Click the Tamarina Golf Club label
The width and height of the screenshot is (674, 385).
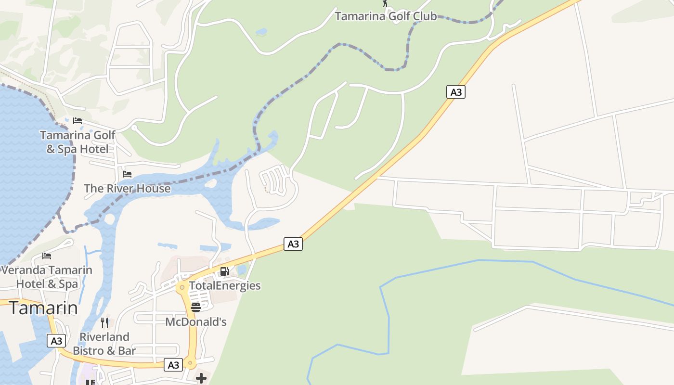point(386,16)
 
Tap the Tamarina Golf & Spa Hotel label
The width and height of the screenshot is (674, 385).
point(78,142)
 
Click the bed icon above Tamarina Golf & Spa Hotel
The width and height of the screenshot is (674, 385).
point(78,120)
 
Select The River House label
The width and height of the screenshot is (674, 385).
point(127,188)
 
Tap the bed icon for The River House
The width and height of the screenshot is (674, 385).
point(127,174)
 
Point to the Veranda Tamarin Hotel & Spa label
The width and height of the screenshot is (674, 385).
point(47,277)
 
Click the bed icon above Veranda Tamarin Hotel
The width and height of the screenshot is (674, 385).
point(47,256)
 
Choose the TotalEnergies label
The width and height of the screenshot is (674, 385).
point(224,285)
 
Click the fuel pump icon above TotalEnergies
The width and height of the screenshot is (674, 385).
point(224,271)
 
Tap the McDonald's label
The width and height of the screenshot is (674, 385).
point(195,321)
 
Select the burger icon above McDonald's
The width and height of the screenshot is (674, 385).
point(196,307)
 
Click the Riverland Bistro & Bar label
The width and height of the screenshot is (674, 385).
point(104,344)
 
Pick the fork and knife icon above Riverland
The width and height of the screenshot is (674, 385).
point(104,322)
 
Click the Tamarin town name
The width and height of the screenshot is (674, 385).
point(43,308)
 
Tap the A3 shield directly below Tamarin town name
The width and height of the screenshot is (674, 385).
point(56,341)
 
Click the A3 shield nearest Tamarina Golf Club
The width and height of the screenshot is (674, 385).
point(455,92)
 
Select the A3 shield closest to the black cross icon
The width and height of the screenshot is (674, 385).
point(173,365)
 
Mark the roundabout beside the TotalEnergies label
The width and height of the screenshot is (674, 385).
point(181,288)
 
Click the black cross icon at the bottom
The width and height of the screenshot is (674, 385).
point(201,378)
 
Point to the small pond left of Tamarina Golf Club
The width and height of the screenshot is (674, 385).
point(261,32)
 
